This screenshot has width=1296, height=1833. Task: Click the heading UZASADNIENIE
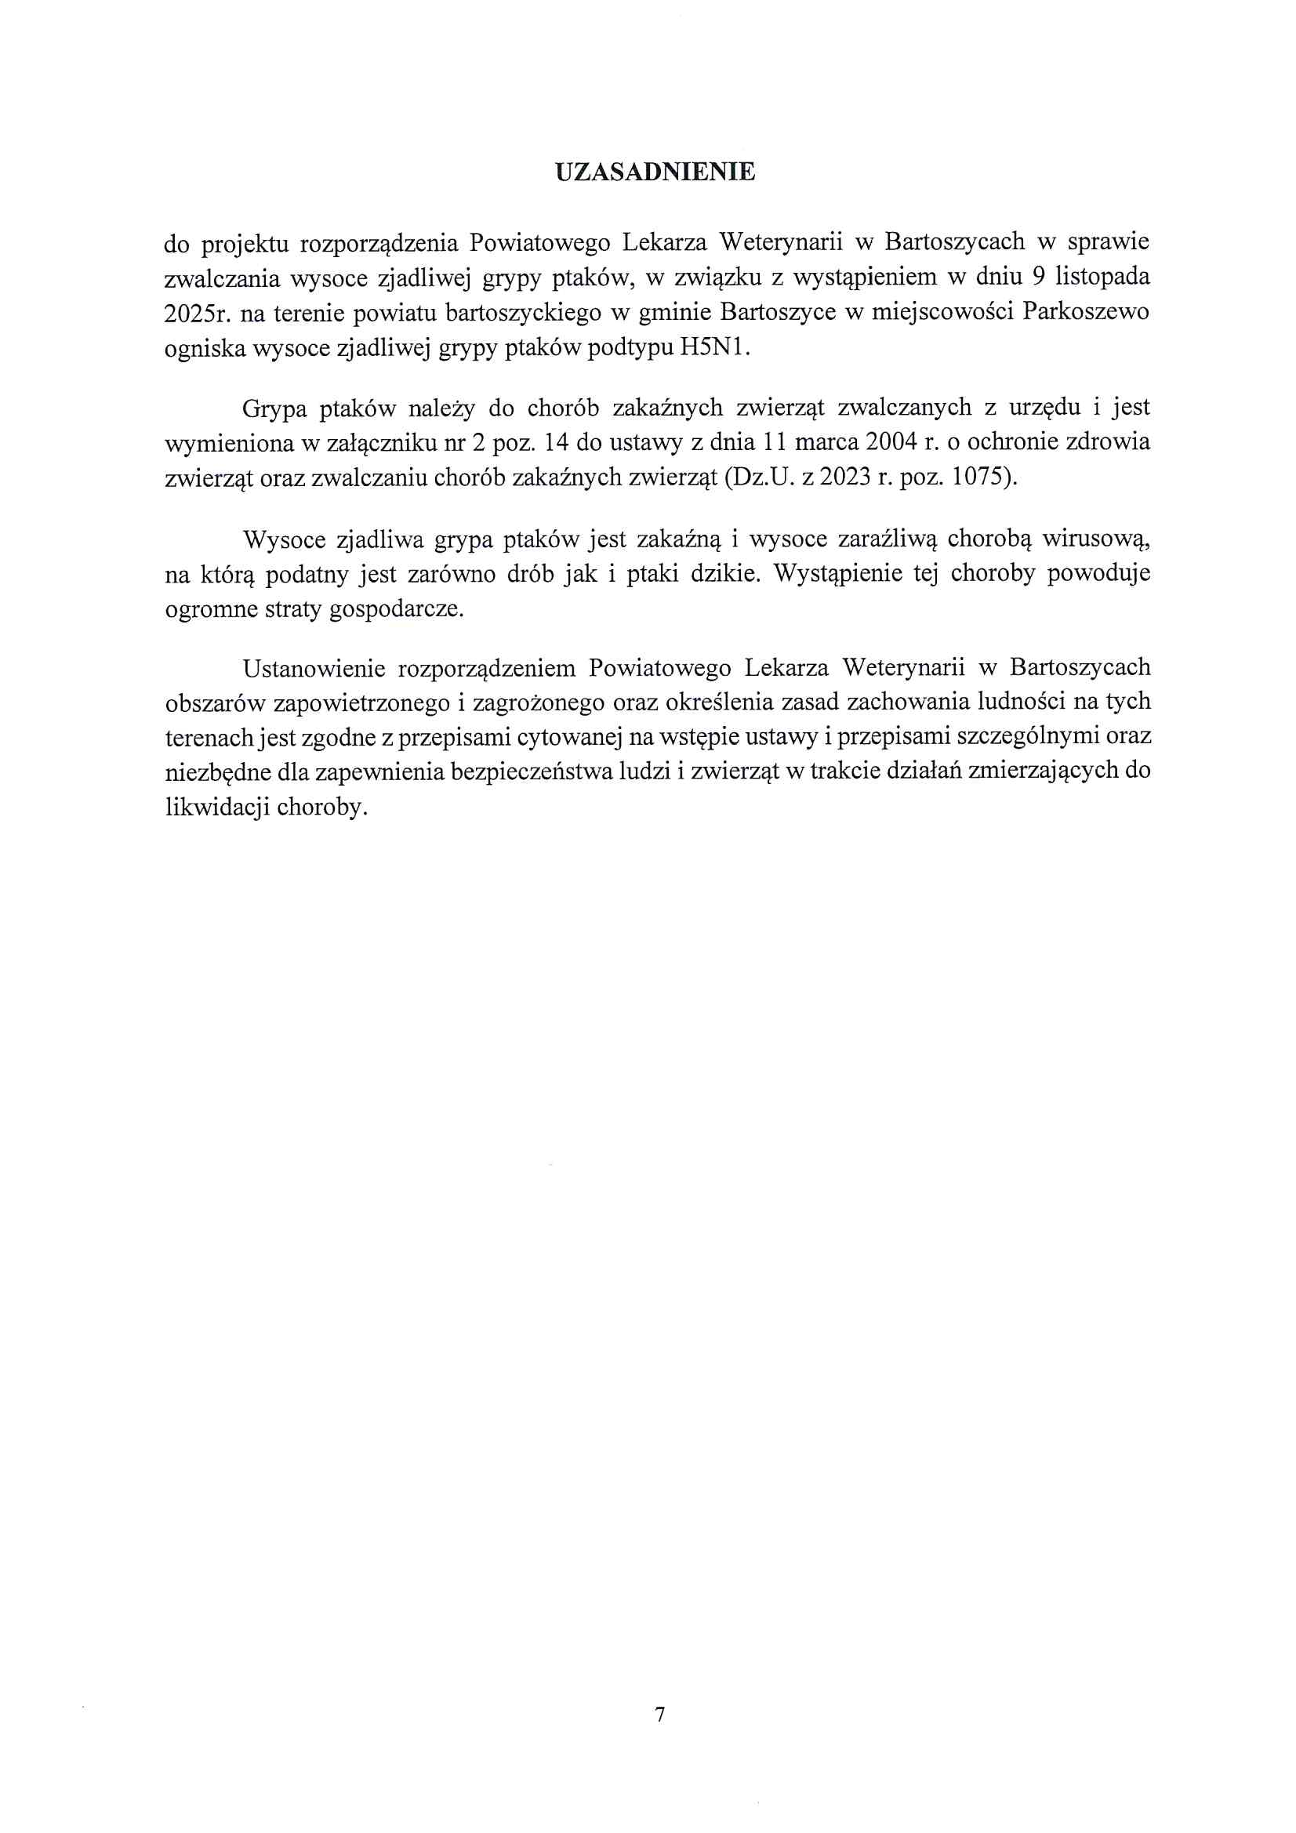(655, 172)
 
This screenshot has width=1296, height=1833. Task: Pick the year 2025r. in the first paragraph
(197, 312)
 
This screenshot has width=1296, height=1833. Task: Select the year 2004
(892, 442)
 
